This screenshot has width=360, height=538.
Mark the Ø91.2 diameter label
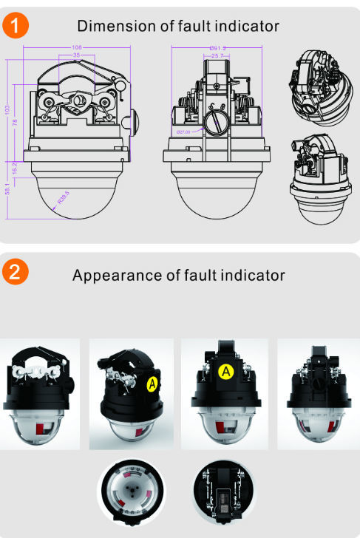(x=217, y=47)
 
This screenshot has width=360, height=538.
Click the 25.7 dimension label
(x=217, y=55)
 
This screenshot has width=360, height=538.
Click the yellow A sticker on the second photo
(x=152, y=384)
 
